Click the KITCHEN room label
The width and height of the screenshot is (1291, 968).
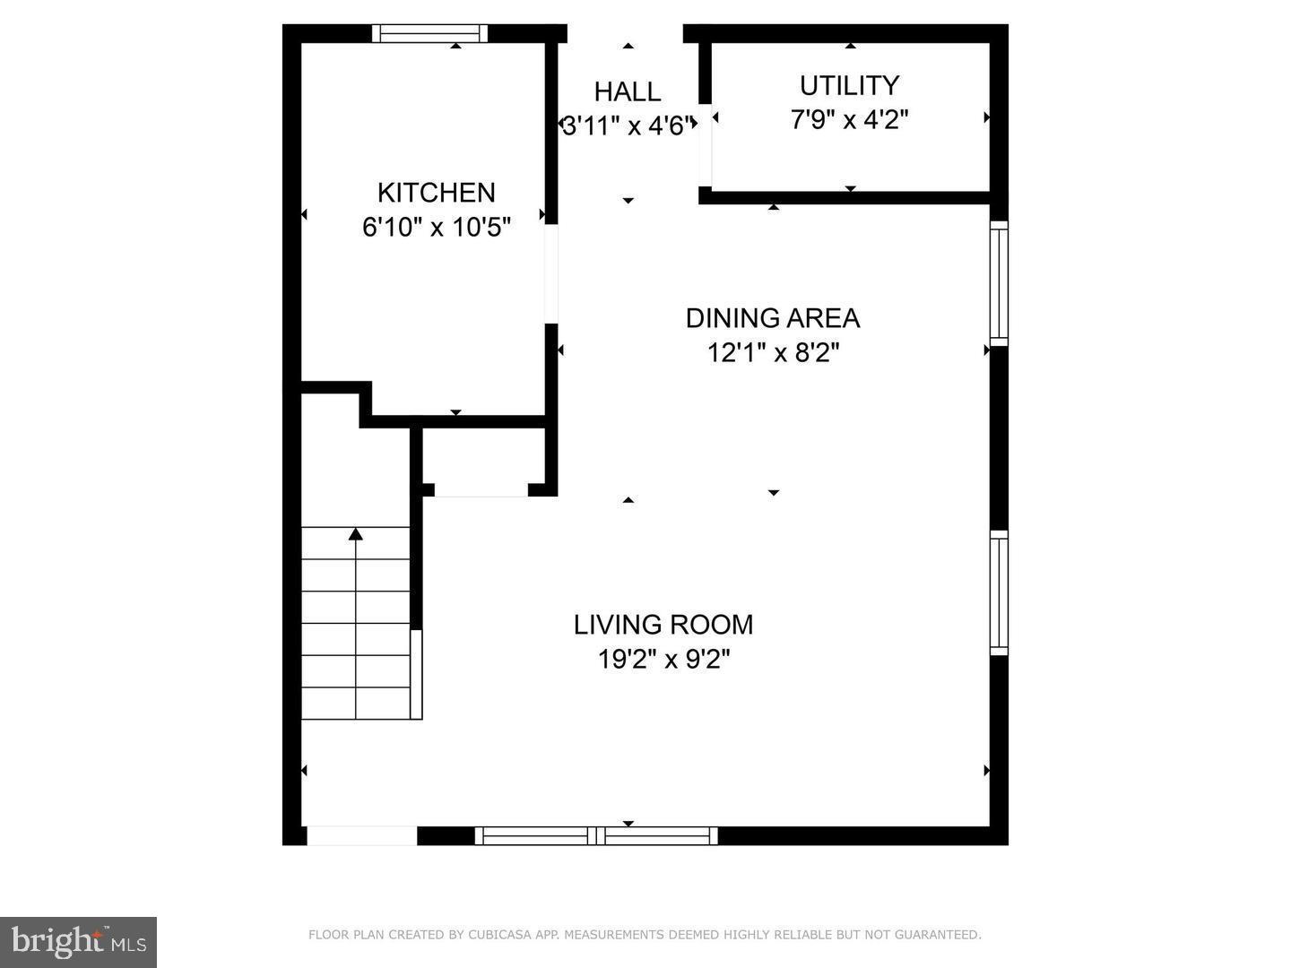click(x=436, y=193)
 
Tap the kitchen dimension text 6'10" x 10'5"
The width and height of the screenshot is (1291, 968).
click(x=436, y=228)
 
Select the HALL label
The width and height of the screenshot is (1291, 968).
click(x=628, y=91)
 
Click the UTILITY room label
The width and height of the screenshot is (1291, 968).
click(x=849, y=86)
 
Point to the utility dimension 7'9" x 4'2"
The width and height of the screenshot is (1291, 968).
click(x=849, y=119)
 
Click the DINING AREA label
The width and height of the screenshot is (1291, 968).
click(x=772, y=318)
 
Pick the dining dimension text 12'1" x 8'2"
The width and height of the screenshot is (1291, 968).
click(x=772, y=353)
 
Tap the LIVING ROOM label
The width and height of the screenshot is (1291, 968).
click(x=663, y=625)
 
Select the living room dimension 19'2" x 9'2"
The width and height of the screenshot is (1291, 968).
click(x=663, y=661)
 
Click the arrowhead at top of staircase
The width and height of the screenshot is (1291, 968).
click(x=356, y=534)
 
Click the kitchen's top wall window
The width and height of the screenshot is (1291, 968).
click(x=429, y=34)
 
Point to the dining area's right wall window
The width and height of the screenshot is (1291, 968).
click(x=999, y=282)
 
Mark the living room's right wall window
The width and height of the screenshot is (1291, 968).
click(x=999, y=592)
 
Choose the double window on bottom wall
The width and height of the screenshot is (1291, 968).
click(x=596, y=836)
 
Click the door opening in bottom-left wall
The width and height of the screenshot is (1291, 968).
click(x=362, y=836)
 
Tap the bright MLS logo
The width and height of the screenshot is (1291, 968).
click(x=79, y=942)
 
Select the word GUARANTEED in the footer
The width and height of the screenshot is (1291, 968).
click(x=942, y=935)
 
